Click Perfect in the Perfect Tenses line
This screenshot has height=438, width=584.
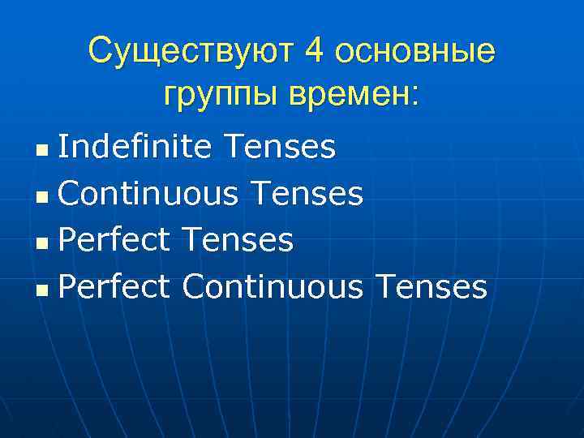coord(114,240)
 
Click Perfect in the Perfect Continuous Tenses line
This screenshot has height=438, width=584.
coord(114,286)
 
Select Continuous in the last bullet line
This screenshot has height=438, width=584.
coord(272,286)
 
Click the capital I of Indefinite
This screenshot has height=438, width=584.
coord(62,148)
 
